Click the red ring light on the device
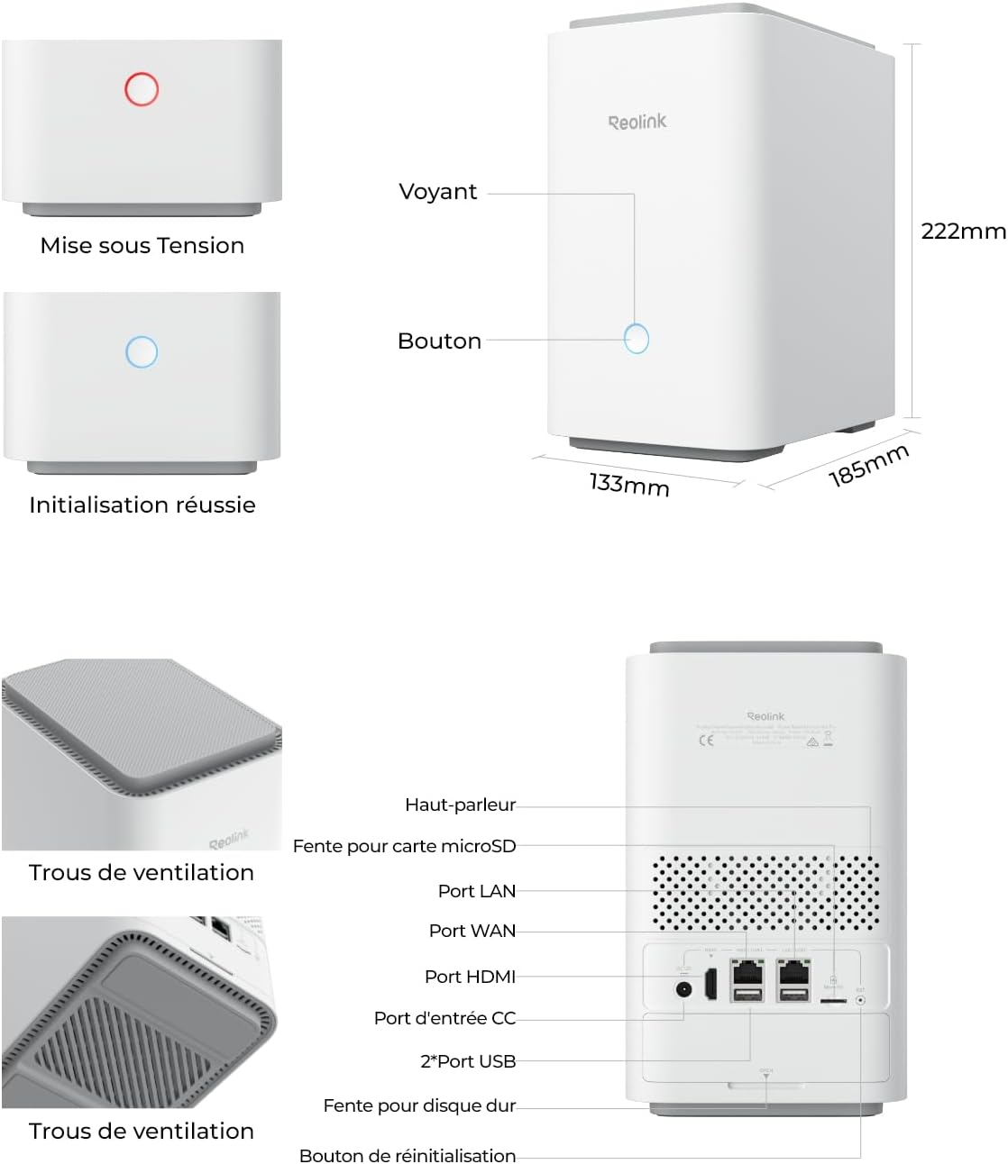click(142, 89)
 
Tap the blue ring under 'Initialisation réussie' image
click(142, 351)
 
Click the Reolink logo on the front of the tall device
click(637, 122)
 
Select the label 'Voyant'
click(438, 192)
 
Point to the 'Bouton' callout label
click(439, 341)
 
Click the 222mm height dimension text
click(963, 232)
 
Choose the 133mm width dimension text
click(629, 485)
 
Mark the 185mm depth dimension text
click(868, 465)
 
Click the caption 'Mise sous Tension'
click(142, 245)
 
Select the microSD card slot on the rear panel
click(832, 999)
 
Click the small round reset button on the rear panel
click(860, 998)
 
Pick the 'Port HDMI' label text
click(470, 977)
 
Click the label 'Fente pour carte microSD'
click(404, 846)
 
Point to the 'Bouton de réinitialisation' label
click(408, 1156)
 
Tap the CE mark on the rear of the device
click(707, 741)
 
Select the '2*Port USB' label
click(468, 1061)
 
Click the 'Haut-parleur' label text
click(460, 805)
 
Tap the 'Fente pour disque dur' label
click(419, 1105)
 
